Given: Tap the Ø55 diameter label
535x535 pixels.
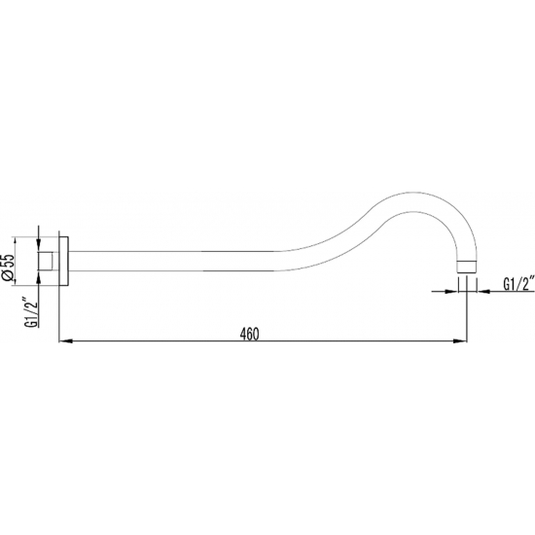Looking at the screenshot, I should tap(8, 267).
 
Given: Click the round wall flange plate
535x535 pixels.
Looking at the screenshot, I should tap(63, 261).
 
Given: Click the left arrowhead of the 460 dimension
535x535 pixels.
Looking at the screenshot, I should tap(66, 341).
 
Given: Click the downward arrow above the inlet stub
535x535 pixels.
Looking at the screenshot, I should tap(38, 247).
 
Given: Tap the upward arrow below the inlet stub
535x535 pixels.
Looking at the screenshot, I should tap(38, 276).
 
